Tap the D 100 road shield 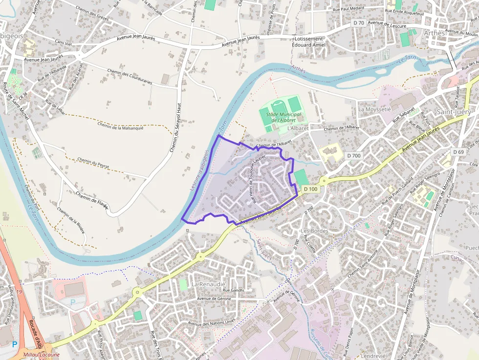(x=310, y=189)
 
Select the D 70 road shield (x=358, y=23)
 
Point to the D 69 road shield (x=458, y=152)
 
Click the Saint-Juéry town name (x=454, y=112)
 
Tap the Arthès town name (x=435, y=33)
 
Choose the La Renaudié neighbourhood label (x=208, y=284)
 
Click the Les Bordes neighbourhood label (x=314, y=231)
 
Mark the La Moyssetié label (x=374, y=109)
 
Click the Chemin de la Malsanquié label (x=121, y=126)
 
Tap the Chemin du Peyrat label (x=93, y=164)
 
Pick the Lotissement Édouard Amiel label (x=308, y=42)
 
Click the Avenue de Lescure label (x=389, y=23)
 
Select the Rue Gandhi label (x=233, y=291)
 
